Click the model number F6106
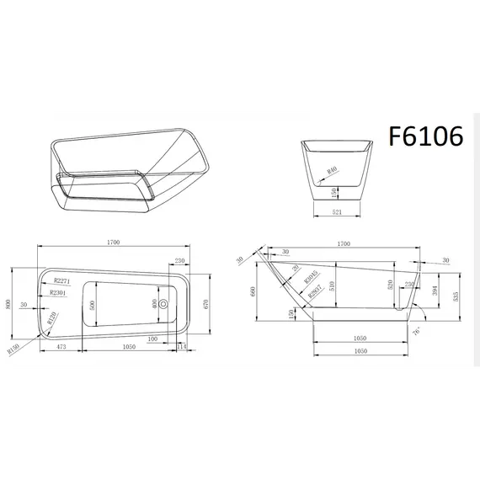coord(426,136)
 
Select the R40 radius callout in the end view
coord(332,170)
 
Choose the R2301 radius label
coord(58,292)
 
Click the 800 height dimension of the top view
coord(9,304)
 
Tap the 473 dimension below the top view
coord(61,346)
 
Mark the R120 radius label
coord(52,318)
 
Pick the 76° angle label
coord(416,332)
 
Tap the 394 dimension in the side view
coord(435,291)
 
